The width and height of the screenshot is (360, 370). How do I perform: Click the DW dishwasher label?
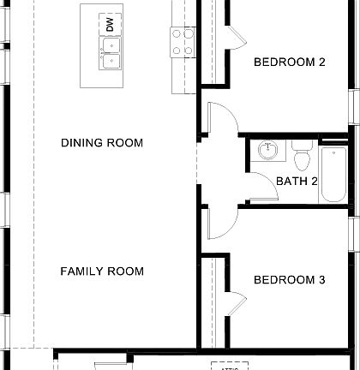pyautogui.click(x=110, y=25)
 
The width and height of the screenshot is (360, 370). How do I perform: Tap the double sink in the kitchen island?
pyautogui.click(x=111, y=53)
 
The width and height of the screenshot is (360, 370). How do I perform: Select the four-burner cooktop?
pyautogui.click(x=183, y=42)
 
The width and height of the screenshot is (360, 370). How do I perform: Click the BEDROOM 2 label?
pyautogui.click(x=290, y=62)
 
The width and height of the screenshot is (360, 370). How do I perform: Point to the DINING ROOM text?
pyautogui.click(x=102, y=143)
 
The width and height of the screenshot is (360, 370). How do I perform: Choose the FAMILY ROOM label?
pyautogui.click(x=102, y=272)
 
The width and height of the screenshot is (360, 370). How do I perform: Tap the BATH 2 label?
pyautogui.click(x=297, y=181)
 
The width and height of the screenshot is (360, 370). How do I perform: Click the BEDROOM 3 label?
pyautogui.click(x=290, y=280)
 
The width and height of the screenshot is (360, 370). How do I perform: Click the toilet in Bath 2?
pyautogui.click(x=301, y=157)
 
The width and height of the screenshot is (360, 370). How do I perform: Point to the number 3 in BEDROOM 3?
pyautogui.click(x=321, y=280)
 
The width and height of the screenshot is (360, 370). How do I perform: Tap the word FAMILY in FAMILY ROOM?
pyautogui.click(x=82, y=272)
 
